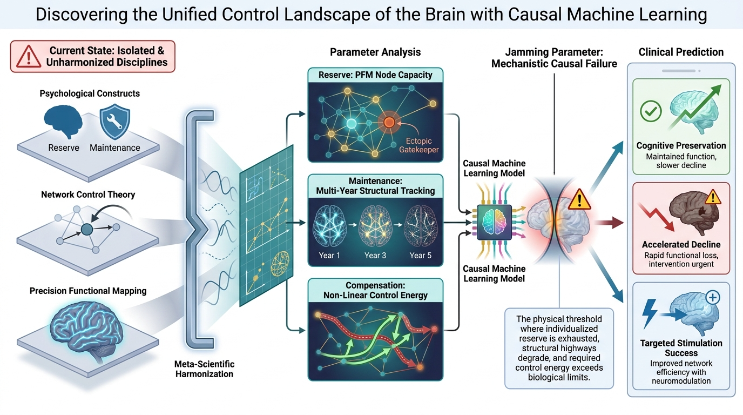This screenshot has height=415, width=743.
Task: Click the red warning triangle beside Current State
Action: [x=29, y=56]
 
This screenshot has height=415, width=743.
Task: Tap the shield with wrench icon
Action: [x=115, y=122]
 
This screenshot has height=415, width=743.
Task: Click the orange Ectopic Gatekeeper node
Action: [x=389, y=123]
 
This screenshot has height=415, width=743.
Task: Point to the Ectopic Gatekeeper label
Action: [x=418, y=145]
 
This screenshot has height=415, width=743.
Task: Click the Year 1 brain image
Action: [x=329, y=226]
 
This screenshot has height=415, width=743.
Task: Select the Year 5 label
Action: [x=420, y=255]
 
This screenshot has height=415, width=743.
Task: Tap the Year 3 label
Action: [x=375, y=255]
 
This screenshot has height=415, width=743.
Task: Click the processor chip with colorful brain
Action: [x=494, y=222]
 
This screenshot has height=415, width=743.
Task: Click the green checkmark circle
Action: [x=651, y=111]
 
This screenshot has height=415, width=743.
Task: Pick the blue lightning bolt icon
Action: [x=649, y=313]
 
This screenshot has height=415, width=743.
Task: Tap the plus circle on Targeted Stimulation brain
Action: [x=713, y=298]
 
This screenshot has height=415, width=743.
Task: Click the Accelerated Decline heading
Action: [x=681, y=244]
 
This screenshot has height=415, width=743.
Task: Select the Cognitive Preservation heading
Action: [x=681, y=145]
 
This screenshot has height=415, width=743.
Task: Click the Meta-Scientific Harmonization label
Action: [x=204, y=369]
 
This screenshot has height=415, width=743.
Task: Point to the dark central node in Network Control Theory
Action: [x=87, y=229]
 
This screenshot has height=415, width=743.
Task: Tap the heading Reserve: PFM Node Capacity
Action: [x=375, y=75]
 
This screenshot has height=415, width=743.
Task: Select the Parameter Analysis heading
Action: [x=375, y=52]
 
